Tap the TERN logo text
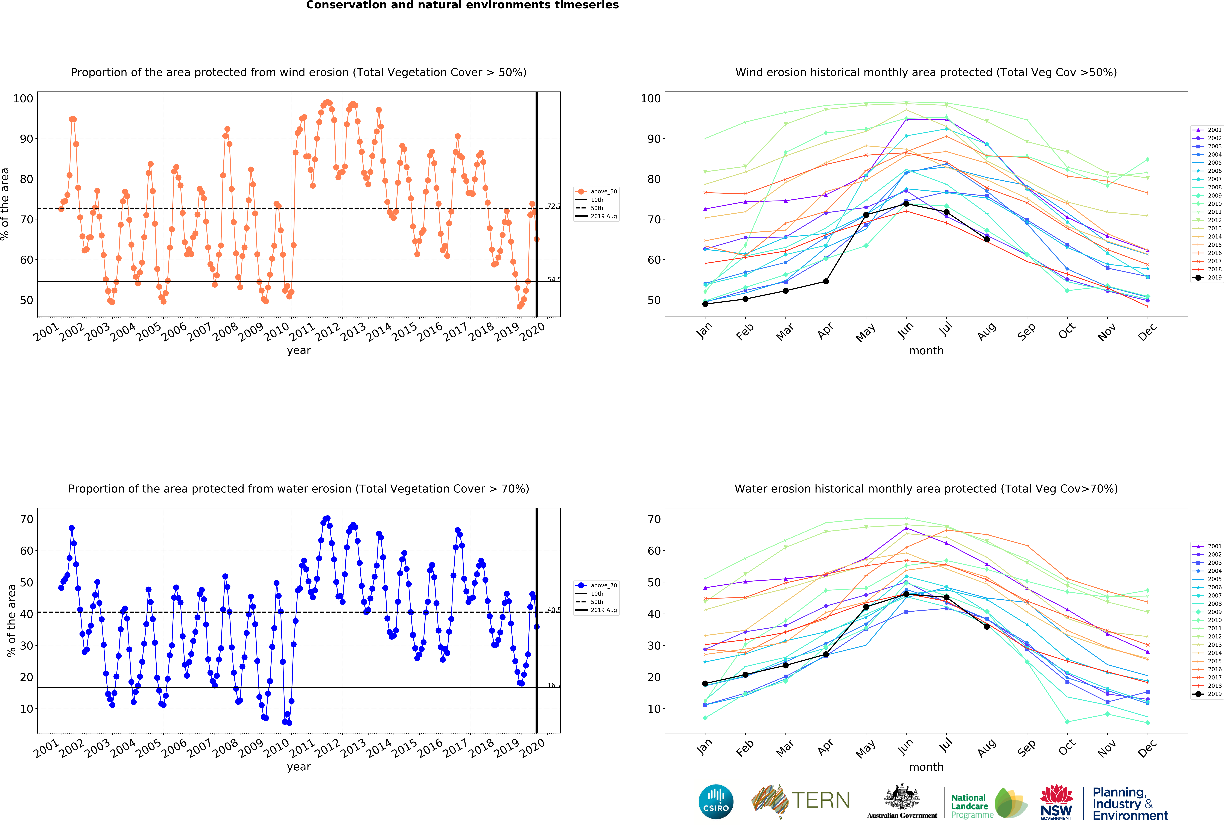(821, 800)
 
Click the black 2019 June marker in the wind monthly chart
(906, 203)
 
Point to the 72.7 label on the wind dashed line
(554, 206)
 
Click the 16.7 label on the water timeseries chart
(554, 685)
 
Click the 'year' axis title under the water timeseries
(299, 767)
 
